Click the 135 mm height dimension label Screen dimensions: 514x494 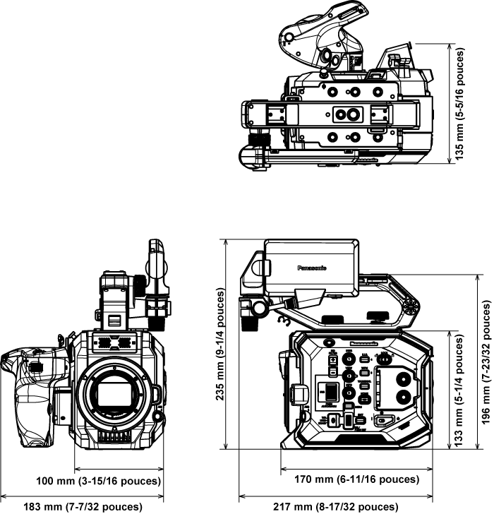pyautogui.click(x=459, y=104)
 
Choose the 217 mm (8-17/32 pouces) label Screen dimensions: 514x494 pyautogui.click(x=329, y=507)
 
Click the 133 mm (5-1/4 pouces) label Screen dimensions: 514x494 pyautogui.click(x=459, y=388)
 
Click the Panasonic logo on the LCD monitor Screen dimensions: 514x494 pyautogui.click(x=311, y=268)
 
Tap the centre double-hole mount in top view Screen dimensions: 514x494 pyautogui.click(x=347, y=113)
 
